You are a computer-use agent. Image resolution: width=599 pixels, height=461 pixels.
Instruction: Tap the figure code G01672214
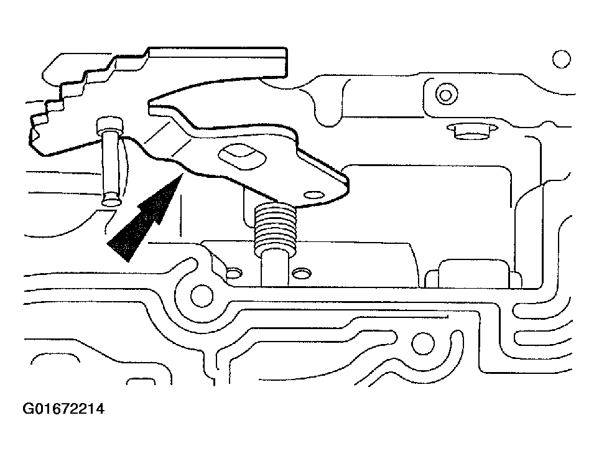[63, 409]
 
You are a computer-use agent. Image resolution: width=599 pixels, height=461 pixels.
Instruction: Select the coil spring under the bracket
[276, 228]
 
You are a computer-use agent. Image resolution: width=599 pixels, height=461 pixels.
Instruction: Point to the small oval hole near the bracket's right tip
[314, 195]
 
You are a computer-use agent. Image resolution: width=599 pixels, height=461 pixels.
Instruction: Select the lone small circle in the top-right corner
[562, 59]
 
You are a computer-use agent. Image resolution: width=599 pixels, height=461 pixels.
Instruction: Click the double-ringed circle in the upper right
[446, 94]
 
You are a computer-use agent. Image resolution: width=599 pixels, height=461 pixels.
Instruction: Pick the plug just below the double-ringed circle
[472, 131]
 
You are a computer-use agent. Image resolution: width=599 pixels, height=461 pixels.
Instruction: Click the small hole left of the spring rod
[233, 273]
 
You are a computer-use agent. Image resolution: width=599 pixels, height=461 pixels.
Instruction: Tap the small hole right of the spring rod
[302, 273]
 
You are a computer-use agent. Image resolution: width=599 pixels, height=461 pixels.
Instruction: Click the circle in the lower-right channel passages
[423, 343]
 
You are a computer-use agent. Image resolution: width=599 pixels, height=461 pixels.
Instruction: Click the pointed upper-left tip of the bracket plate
[149, 103]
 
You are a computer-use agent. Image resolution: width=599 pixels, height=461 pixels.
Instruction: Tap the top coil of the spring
[275, 208]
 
